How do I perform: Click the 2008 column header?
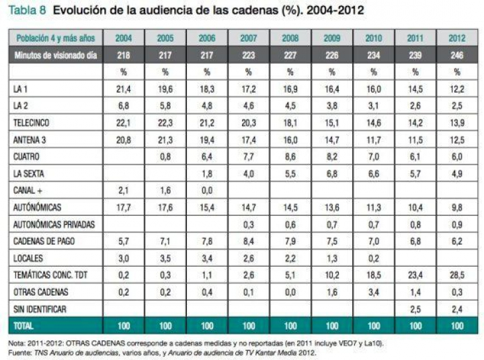click(290, 38)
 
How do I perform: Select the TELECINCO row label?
click(32, 124)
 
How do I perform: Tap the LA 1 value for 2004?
click(123, 89)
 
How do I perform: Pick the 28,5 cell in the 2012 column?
click(456, 275)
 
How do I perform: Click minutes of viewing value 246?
click(456, 55)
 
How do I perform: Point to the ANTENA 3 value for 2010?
click(373, 140)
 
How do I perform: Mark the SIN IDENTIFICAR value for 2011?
click(415, 309)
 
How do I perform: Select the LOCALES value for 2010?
click(373, 258)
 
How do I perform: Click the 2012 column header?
click(456, 38)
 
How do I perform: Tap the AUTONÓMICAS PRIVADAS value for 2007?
click(248, 224)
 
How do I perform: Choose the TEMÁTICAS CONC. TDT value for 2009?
click(331, 275)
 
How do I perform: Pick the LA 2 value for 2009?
click(331, 106)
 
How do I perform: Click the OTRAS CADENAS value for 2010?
click(373, 292)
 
